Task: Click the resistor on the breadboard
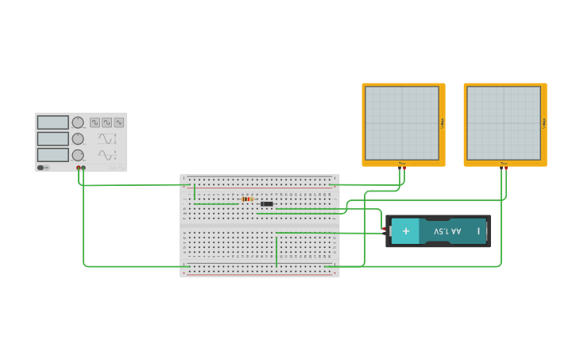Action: (248, 199)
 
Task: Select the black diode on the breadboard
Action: (267, 204)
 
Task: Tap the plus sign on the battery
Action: (406, 231)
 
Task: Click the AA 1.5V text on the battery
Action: (447, 231)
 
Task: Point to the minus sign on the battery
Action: (478, 231)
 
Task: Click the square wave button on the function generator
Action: (95, 122)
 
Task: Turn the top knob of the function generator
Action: (78, 122)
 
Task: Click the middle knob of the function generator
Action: (78, 138)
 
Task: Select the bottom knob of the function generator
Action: (78, 154)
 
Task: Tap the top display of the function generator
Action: (52, 122)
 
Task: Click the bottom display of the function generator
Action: (52, 154)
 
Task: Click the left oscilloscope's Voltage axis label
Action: (442, 123)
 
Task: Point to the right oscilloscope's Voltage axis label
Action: (543, 123)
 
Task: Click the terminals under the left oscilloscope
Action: (403, 165)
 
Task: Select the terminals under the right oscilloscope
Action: (504, 165)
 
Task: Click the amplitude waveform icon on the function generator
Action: (107, 138)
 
